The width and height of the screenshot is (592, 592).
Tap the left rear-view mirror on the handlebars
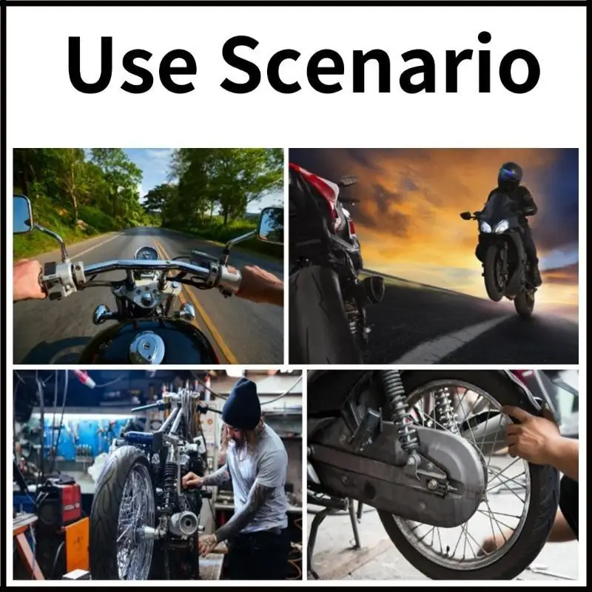coord(23,214)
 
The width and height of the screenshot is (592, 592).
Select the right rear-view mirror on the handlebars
coord(271,224)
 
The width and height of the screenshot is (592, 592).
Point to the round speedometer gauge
coord(147,252)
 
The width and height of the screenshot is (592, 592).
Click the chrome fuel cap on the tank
coord(147,346)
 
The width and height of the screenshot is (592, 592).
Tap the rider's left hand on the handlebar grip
coord(30,280)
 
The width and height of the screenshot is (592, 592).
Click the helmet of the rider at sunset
coord(509,175)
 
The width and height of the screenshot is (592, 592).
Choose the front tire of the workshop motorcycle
coord(123,511)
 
